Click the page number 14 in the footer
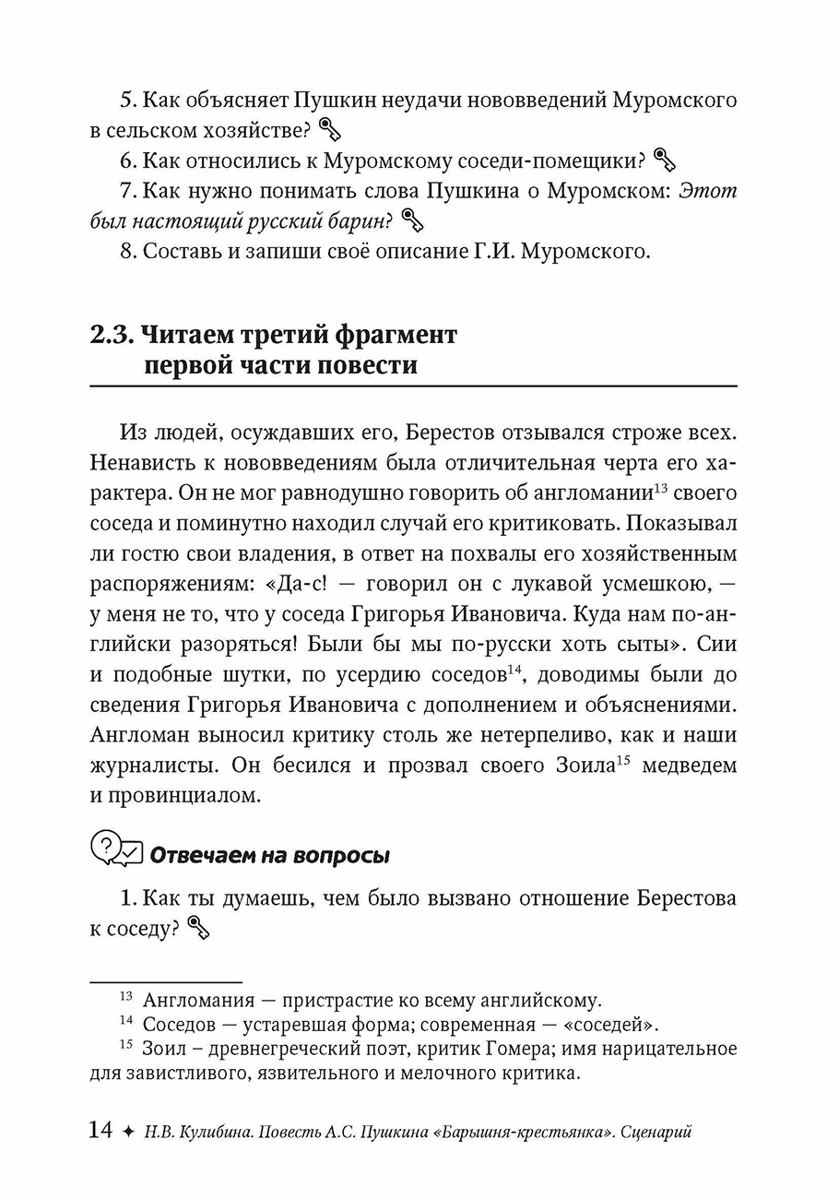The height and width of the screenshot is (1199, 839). coord(100,1131)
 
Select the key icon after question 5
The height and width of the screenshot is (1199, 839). coord(329,129)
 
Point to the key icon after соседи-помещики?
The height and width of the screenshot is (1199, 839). coord(664,160)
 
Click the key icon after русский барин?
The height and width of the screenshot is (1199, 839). coord(412,220)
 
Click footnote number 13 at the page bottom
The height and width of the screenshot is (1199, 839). coord(127,997)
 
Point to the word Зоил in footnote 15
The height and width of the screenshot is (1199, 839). coord(162,1049)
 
